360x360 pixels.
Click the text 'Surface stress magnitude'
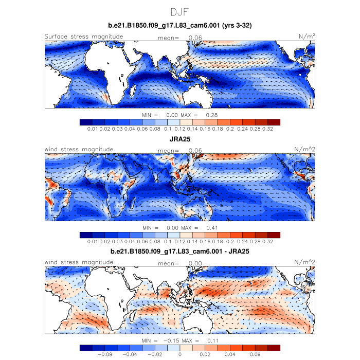84,37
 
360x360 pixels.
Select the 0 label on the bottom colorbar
179,354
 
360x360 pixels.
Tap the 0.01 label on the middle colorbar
93,241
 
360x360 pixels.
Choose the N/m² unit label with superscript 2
307,37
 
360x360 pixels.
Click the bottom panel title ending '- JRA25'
179,252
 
